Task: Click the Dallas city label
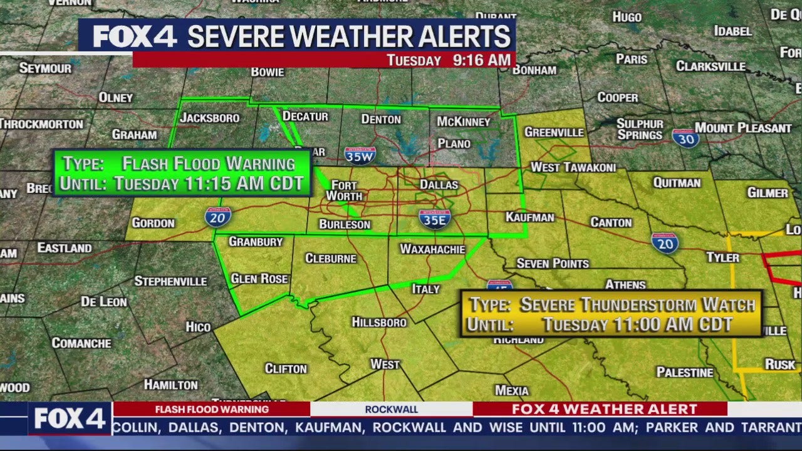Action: [x=439, y=185]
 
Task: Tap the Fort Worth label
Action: [x=344, y=191]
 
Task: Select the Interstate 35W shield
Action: [x=360, y=155]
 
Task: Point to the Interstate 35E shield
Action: [x=434, y=219]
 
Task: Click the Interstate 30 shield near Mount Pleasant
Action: [x=685, y=138]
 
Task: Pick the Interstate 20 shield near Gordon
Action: [x=217, y=217]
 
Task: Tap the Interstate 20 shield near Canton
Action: [x=664, y=242]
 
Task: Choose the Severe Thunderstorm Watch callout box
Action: [x=612, y=314]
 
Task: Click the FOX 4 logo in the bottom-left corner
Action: [x=70, y=419]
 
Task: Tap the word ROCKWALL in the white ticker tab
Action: [x=391, y=410]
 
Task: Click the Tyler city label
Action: [x=722, y=257]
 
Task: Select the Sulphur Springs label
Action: [x=640, y=129]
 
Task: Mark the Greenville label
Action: [x=554, y=132]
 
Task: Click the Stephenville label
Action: [x=170, y=281]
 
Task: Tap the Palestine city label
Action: [x=685, y=373]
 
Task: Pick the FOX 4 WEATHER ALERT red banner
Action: [x=604, y=410]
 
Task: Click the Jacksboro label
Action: [x=210, y=118]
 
